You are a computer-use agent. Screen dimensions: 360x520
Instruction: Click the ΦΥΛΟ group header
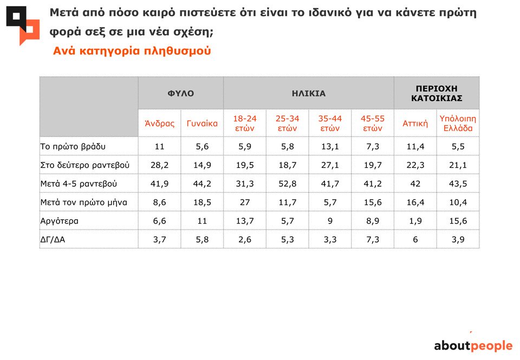[x=180, y=93]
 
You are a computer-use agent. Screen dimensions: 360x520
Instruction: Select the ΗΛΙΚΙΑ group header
[x=308, y=93]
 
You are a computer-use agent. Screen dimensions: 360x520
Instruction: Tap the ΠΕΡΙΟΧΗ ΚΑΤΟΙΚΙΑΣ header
[x=436, y=93]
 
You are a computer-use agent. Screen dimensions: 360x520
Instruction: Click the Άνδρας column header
[x=159, y=123]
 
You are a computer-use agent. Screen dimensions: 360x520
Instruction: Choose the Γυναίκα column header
[x=202, y=123]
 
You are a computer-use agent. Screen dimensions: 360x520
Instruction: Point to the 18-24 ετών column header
[x=244, y=123]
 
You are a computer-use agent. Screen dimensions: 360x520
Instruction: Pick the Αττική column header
[x=415, y=123]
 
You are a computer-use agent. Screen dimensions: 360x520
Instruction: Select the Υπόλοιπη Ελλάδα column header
[x=458, y=123]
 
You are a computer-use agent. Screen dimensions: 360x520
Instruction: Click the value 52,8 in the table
[x=287, y=184]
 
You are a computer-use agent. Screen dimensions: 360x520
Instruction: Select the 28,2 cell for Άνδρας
[x=159, y=165]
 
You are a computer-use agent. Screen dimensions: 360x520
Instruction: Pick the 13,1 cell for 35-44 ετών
[x=330, y=146]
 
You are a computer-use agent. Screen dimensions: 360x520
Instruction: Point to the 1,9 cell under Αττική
[x=415, y=221]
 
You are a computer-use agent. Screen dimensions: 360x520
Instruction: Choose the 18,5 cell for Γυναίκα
[x=202, y=202]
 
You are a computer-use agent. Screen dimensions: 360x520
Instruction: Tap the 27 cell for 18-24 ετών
[x=244, y=202]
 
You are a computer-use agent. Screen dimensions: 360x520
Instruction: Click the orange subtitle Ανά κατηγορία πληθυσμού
[x=132, y=51]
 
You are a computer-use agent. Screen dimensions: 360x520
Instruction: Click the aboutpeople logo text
[x=473, y=346]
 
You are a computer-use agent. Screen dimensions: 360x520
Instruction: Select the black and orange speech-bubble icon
[x=23, y=25]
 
